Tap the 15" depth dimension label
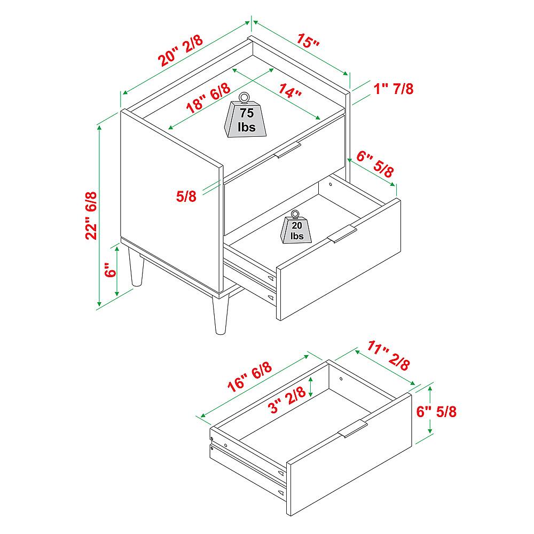coord(308,40)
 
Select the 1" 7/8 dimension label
coord(394,89)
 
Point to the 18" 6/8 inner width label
coord(208,98)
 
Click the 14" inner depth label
coord(290,91)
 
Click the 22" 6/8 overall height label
coord(91,216)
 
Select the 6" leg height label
coord(111,270)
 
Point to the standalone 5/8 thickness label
coord(186,196)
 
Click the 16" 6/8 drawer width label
coord(249,376)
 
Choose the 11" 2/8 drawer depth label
coord(388,356)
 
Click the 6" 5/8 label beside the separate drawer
coord(436,412)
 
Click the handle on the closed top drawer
coord(287,150)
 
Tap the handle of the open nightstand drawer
coord(342,234)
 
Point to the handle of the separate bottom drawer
coord(353,428)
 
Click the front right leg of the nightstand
coord(219,315)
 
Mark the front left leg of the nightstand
coord(136,266)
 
